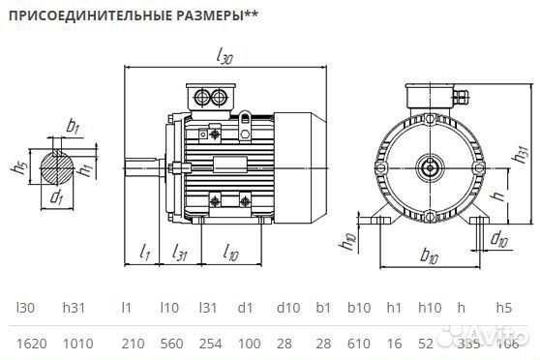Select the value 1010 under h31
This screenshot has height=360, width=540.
click(78, 344)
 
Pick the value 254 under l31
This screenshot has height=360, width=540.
click(211, 344)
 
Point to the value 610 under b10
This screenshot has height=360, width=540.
click(359, 344)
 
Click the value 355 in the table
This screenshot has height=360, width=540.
click(466, 344)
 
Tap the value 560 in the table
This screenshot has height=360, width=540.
click(170, 344)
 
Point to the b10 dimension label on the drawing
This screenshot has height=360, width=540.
click(431, 257)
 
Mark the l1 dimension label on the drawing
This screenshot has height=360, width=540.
click(144, 253)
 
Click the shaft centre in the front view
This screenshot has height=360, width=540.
click(429, 168)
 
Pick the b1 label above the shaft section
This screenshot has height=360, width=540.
click(73, 127)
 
